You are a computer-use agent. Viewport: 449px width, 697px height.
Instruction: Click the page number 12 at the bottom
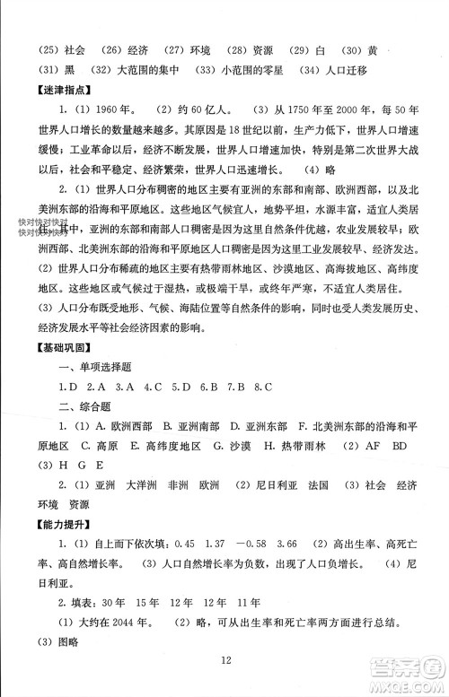(x=225, y=662)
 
